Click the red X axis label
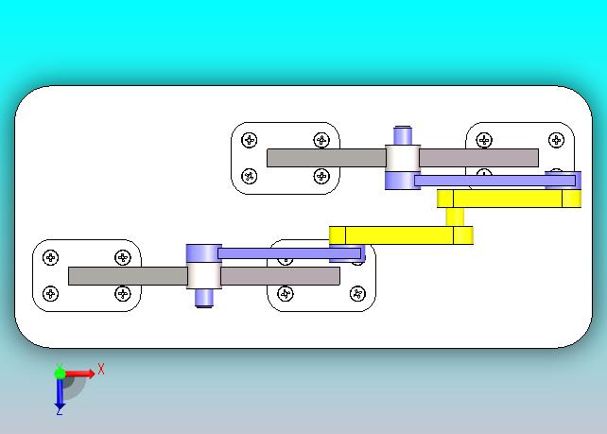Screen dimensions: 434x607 click(101, 369)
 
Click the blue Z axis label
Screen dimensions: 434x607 click(59, 411)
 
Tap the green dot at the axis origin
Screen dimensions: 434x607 click(60, 373)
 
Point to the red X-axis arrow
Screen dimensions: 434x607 click(82, 373)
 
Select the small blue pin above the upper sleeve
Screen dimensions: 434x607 click(403, 135)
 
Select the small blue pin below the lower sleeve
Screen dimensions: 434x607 click(203, 297)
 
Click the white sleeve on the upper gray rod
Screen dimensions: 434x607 click(403, 157)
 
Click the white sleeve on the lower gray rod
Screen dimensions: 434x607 click(203, 275)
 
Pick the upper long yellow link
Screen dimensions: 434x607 click(509, 199)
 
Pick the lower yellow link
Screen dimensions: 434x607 click(401, 234)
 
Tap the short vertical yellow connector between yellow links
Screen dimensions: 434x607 click(457, 217)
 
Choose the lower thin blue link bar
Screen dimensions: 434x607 click(289, 252)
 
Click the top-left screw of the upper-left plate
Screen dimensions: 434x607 click(250, 140)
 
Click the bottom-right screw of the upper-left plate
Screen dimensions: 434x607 click(321, 176)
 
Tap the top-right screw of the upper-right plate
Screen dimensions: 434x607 click(556, 140)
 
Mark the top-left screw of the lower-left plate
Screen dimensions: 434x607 click(51, 257)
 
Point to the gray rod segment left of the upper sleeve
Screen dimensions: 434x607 click(325, 158)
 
